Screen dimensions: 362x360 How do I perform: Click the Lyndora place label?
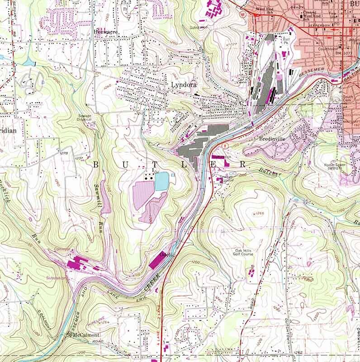click(x=182, y=84)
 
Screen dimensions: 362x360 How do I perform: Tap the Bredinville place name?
click(x=273, y=139)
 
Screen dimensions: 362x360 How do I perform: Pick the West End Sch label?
click(x=265, y=10)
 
